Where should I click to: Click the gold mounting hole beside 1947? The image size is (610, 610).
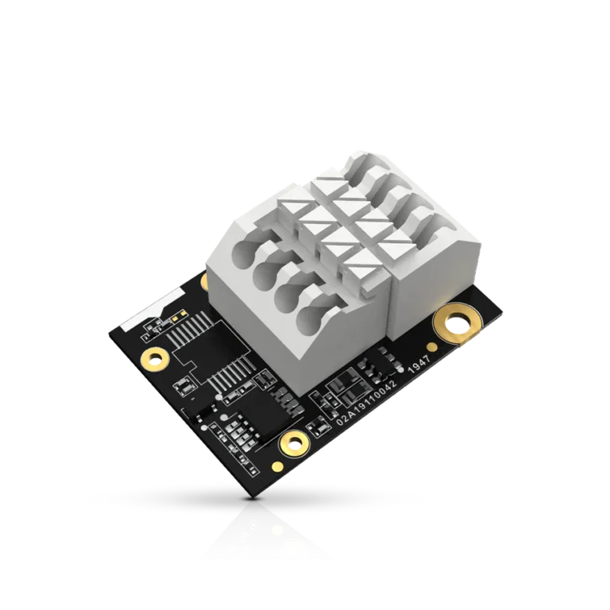click(x=458, y=324)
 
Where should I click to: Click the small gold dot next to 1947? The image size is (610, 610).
click(x=430, y=346)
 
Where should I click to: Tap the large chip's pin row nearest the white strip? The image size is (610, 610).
click(x=184, y=326)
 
